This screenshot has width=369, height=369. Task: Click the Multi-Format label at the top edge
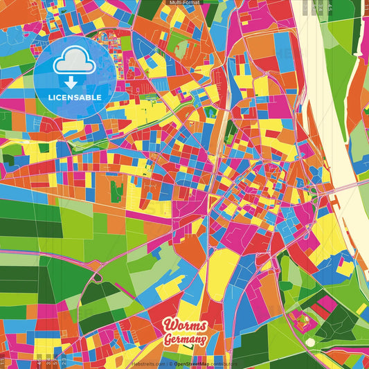click(184, 3)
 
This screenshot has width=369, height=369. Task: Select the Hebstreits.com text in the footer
click(147, 364)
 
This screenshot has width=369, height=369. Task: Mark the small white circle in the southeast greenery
click(310, 342)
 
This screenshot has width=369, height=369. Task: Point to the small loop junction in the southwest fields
click(97, 277)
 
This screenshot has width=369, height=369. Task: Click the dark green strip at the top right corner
click(356, 28)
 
